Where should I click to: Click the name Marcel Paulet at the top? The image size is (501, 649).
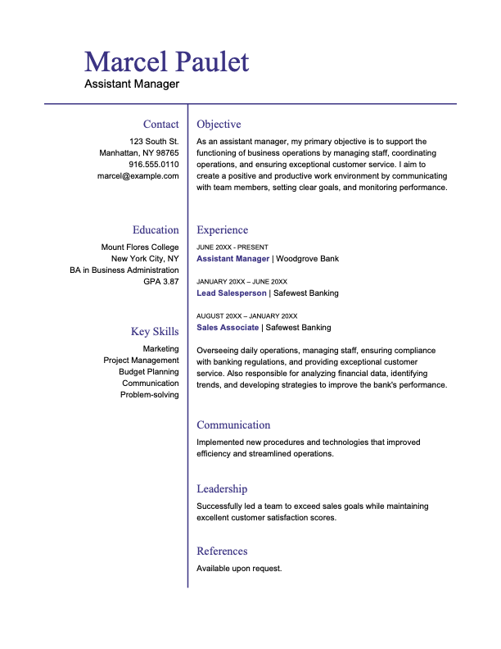(166, 61)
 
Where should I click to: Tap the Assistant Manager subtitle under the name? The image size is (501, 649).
(131, 84)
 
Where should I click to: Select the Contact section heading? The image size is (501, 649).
(160, 125)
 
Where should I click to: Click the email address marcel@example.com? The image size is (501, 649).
(138, 175)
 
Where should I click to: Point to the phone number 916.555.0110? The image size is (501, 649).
(153, 164)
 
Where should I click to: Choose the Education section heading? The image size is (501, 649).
(156, 230)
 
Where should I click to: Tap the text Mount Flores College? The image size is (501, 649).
(140, 247)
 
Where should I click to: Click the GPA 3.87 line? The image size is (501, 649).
(161, 281)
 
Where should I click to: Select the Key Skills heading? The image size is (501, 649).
(155, 332)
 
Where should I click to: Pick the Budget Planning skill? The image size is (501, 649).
(148, 371)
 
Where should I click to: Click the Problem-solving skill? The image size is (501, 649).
(149, 394)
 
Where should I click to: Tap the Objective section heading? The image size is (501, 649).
(219, 125)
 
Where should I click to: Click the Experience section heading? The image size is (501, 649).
(222, 230)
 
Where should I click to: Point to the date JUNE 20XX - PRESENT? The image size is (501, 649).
(232, 247)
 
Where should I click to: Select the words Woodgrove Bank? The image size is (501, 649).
(308, 259)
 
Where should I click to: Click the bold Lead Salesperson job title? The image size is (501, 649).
(232, 293)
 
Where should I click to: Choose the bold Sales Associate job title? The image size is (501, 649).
(228, 328)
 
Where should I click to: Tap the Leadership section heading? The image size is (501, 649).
(222, 489)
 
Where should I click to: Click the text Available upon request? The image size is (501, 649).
(239, 568)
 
